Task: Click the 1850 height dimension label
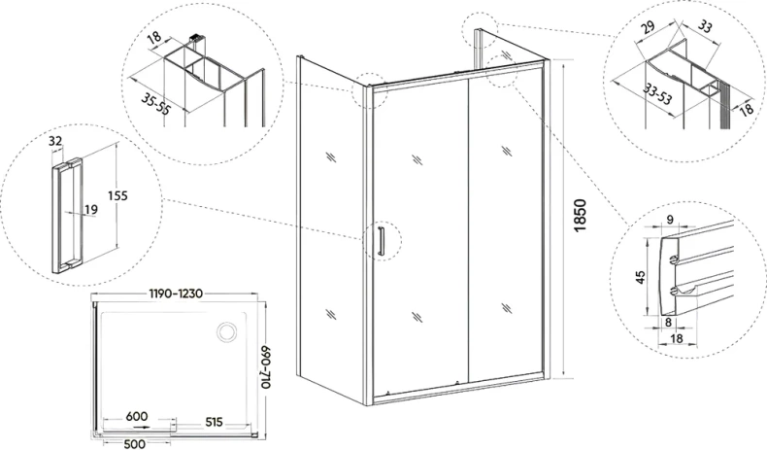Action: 580,216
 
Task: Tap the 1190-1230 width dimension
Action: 176,294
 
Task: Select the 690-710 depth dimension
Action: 265,367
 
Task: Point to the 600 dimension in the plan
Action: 137,416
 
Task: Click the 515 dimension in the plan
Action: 214,422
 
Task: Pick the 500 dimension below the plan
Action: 135,444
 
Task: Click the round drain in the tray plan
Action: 227,332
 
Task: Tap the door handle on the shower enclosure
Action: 381,241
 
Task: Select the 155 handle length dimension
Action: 117,196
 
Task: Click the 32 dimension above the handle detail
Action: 55,141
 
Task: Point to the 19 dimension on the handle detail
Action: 91,210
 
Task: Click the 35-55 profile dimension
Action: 155,105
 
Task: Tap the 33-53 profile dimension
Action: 657,93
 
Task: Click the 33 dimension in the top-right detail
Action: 705,26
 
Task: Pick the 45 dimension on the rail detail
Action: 641,277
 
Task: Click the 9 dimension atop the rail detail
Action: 670,220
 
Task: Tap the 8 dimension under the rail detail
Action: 668,322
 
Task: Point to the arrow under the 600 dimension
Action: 143,427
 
